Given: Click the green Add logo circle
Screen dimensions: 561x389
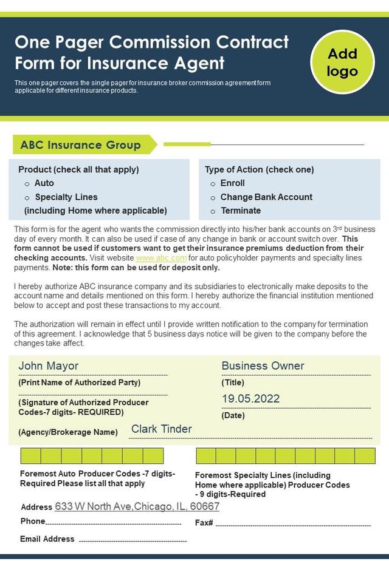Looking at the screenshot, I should pyautogui.click(x=342, y=62).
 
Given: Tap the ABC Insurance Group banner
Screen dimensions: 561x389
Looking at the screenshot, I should pyautogui.click(x=81, y=144).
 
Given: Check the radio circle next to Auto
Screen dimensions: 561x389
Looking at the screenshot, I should pyautogui.click(x=27, y=183).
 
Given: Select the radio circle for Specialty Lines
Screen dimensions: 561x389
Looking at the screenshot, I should pyautogui.click(x=27, y=197).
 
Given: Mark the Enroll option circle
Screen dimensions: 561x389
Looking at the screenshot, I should pyautogui.click(x=213, y=183).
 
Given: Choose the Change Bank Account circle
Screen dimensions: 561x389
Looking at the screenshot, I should pyautogui.click(x=213, y=197).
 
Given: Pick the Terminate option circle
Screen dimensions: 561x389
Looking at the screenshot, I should pyautogui.click(x=213, y=211).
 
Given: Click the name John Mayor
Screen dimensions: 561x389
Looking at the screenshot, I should pyautogui.click(x=49, y=365).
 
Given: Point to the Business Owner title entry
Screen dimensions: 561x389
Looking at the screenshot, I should pyautogui.click(x=263, y=365).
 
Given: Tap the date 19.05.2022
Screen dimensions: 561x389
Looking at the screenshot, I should pyautogui.click(x=250, y=398).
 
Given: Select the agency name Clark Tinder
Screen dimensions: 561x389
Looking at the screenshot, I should pyautogui.click(x=161, y=429).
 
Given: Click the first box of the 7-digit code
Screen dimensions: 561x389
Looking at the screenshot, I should pyautogui.click(x=30, y=456).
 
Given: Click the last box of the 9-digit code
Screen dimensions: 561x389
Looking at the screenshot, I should pyautogui.click(x=365, y=456).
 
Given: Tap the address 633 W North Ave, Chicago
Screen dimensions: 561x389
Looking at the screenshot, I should pyautogui.click(x=137, y=506).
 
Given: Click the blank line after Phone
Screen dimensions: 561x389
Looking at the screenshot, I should pyautogui.click(x=114, y=523).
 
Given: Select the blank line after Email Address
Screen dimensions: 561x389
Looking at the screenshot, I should pyautogui.click(x=133, y=540).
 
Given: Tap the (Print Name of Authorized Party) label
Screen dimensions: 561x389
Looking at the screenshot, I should pyautogui.click(x=80, y=382).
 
